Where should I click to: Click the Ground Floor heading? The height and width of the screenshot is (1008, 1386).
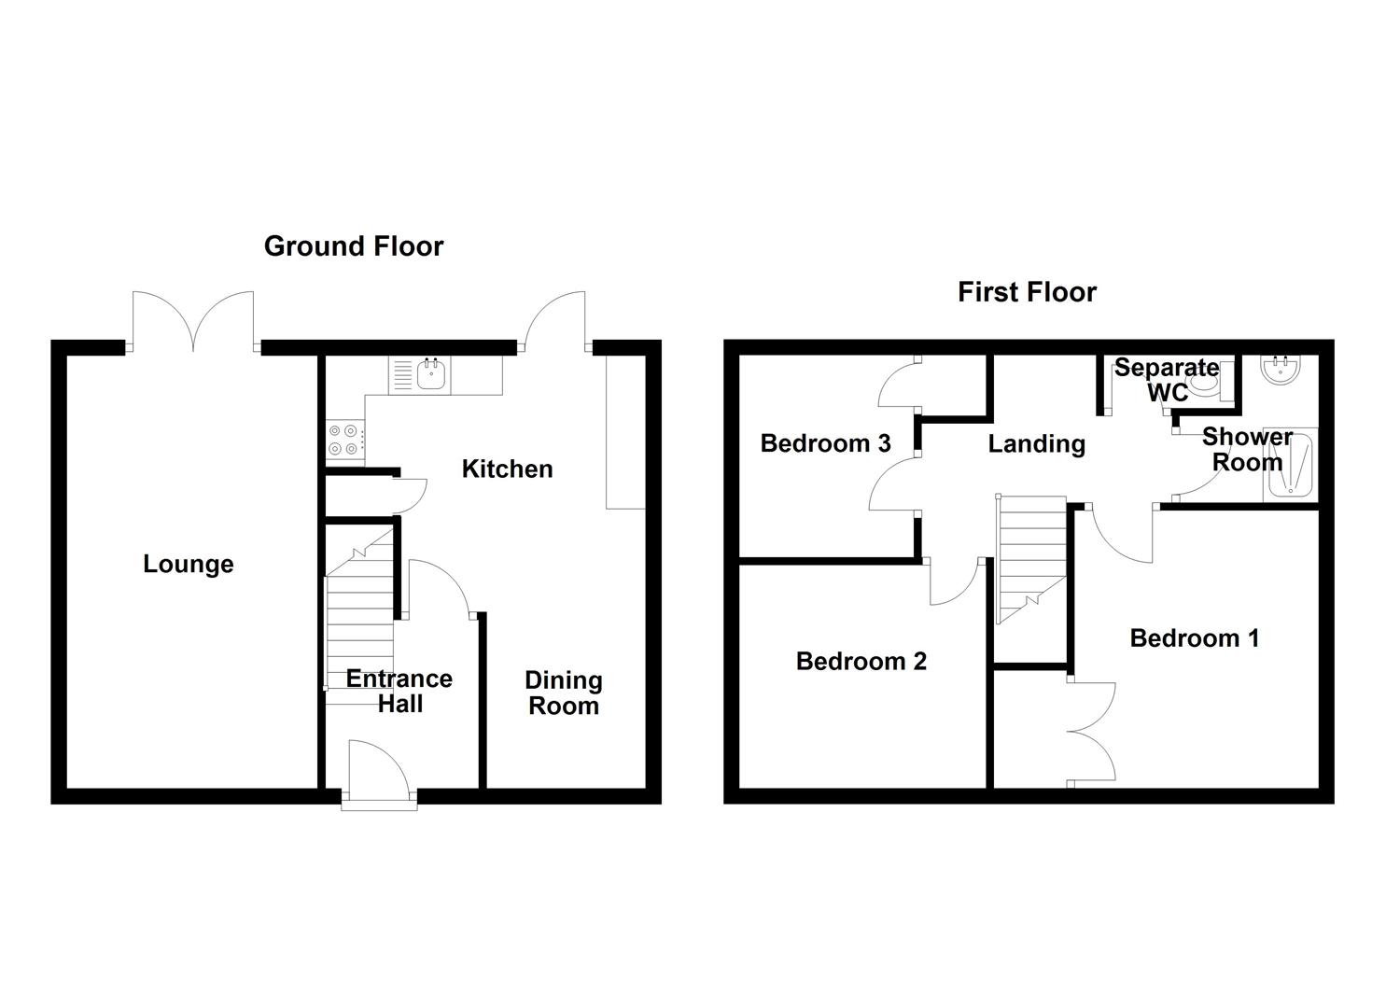coord(354,246)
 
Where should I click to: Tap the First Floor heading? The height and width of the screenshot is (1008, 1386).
coord(1027,292)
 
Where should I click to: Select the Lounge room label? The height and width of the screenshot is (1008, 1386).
coord(189,565)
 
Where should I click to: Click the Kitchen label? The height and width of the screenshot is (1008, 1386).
coord(507,469)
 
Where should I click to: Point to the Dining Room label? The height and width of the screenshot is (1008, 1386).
coord(563,693)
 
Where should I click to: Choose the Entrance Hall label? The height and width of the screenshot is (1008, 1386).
coord(399,692)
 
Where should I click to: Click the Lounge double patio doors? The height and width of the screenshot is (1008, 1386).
coord(193,321)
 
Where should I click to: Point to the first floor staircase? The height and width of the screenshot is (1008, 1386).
coord(1030,559)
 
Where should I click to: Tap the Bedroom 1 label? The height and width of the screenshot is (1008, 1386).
coord(1194,638)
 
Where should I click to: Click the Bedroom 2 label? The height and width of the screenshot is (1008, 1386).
coord(861,662)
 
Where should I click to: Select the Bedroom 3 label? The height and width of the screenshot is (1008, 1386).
coord(825,443)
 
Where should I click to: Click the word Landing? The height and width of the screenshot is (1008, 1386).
coord(1036,443)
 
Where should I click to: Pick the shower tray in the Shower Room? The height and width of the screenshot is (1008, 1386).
coord(1288,464)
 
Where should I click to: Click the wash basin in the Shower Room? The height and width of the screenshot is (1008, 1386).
coord(1281,370)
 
